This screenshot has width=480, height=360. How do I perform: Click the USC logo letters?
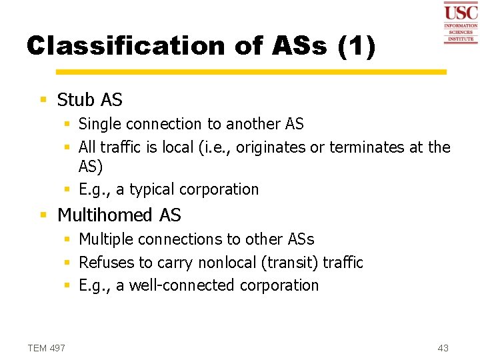click(x=461, y=13)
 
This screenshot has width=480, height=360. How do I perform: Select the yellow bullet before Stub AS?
click(x=43, y=100)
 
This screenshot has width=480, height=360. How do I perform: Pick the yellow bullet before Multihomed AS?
click(x=43, y=215)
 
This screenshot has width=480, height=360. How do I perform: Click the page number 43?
click(x=443, y=348)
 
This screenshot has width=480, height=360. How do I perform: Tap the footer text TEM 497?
click(x=47, y=348)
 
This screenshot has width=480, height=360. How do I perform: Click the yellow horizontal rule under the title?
click(x=251, y=71)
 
